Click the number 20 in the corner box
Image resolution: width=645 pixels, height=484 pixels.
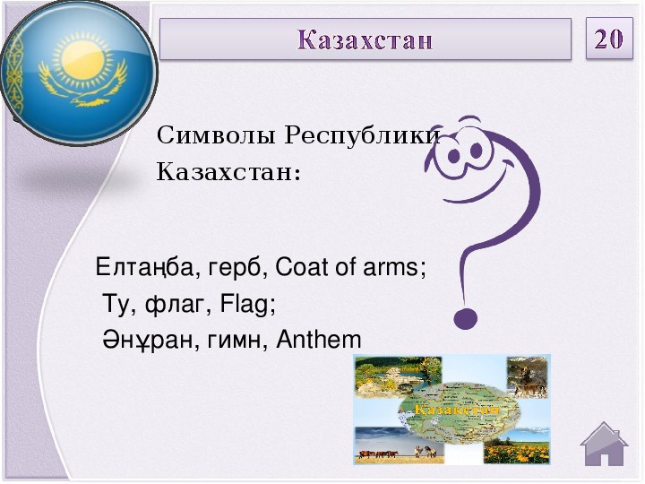[609, 39]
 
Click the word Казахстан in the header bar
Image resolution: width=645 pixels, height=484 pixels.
[365, 40]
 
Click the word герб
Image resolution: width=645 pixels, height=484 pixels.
[234, 268]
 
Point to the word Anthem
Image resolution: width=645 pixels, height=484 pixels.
[319, 340]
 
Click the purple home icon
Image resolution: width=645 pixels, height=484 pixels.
[604, 444]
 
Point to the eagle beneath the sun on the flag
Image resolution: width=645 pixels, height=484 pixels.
[81, 88]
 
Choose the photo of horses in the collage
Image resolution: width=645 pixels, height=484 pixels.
[399, 445]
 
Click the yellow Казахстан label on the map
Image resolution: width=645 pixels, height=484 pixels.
[456, 409]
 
